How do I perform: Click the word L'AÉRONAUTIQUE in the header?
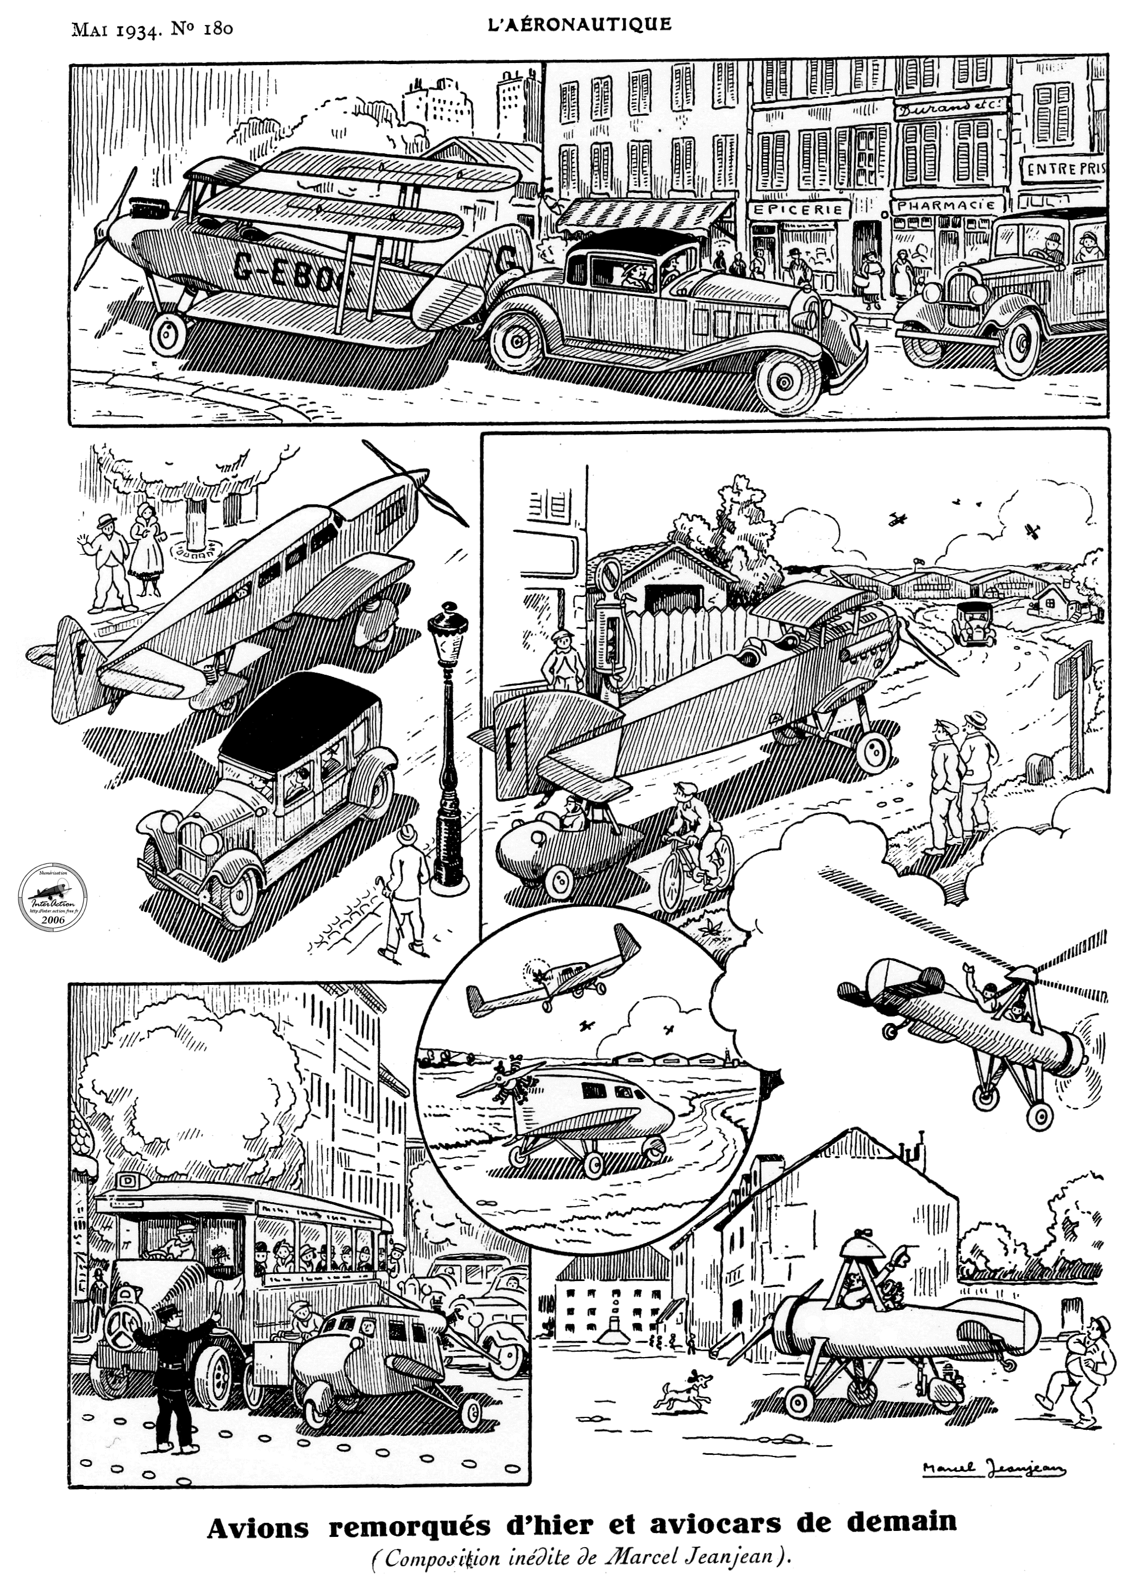pyautogui.click(x=579, y=24)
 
